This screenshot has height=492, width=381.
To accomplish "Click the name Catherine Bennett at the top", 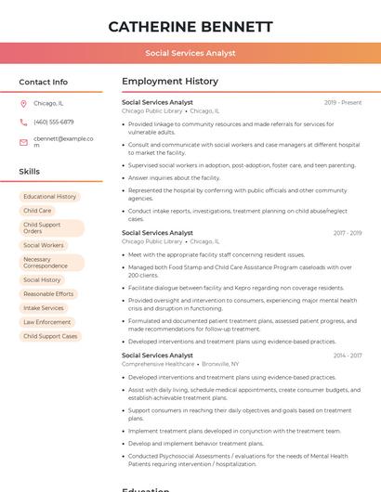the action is coord(190,26).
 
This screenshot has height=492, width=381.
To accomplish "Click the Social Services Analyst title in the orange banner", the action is coord(190,54).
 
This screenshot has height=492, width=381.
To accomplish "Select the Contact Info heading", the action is coord(43,82).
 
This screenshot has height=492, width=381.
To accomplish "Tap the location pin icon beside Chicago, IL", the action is coord(23,104).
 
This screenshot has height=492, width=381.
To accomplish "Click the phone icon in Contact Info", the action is coord(23,123).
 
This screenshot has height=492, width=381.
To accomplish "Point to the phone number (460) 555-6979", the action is coord(53,123).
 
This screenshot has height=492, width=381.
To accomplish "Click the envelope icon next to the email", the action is coord(23,142).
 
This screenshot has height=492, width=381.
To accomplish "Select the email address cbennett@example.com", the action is coord(63,142).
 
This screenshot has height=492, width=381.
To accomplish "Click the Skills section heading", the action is coord(30,172).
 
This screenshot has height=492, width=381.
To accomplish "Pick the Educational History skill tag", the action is coord(50,197).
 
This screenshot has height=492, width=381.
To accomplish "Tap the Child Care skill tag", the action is coord(37,211).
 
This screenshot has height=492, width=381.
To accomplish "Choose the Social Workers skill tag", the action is coord(44,245).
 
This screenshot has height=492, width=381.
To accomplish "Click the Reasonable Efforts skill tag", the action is coord(48,293).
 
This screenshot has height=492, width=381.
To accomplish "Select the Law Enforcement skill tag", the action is coord(47,322).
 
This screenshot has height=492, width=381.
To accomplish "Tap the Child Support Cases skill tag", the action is coord(50,336).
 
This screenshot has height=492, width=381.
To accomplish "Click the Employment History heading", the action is coord(170,82).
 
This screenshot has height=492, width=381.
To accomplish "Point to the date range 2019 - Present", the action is coord(343,102).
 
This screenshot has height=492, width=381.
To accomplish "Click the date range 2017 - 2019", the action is coord(347,233).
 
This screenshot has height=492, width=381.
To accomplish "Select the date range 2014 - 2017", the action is coord(347,356).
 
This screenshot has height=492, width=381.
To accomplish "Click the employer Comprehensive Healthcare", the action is coord(158,364).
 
